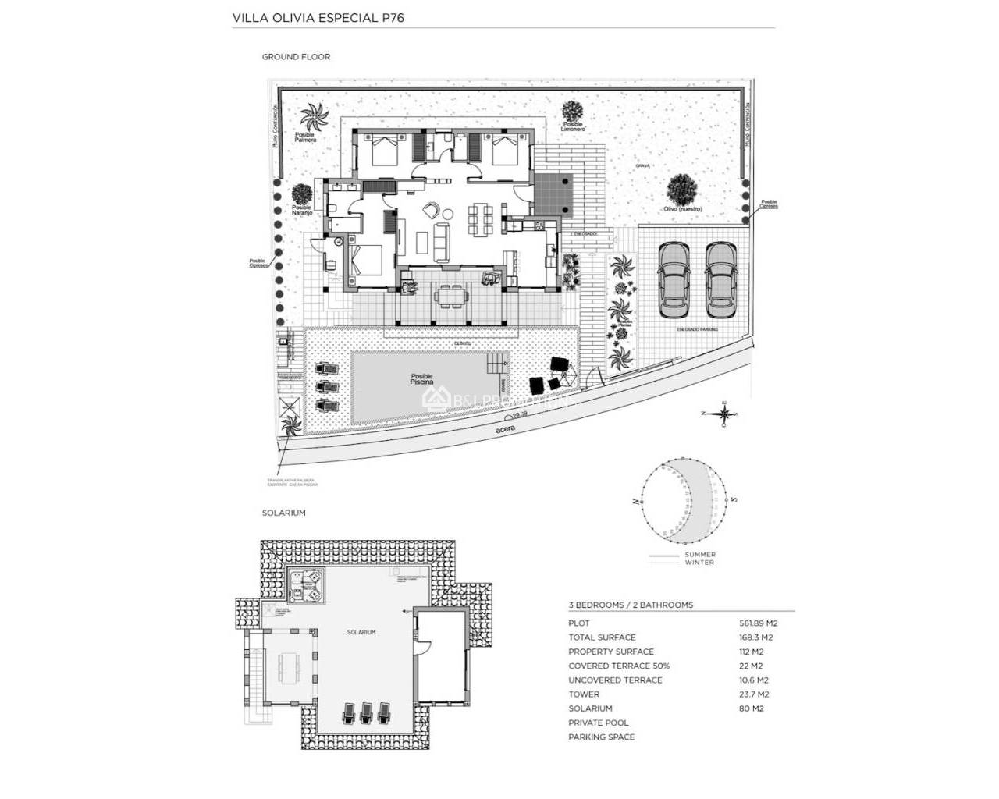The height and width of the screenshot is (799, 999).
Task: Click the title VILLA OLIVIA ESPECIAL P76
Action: [x=318, y=17]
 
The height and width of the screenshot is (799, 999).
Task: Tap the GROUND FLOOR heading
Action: [x=296, y=57]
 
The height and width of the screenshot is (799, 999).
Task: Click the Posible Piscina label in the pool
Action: [x=421, y=379]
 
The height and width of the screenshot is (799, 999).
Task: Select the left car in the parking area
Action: [x=674, y=279]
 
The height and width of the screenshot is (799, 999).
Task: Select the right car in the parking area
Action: [x=720, y=279]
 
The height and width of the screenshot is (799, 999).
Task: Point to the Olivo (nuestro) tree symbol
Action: [x=682, y=189]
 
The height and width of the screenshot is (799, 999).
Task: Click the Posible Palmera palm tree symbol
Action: [x=316, y=118]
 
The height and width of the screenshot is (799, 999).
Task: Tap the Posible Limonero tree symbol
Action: [x=574, y=111]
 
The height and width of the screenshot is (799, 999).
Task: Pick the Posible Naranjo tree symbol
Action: [x=301, y=194]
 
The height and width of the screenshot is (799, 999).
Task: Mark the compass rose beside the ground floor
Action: [x=725, y=414]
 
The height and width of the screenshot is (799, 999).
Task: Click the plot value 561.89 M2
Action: [x=758, y=623]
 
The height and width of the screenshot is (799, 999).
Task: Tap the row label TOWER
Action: [x=584, y=694]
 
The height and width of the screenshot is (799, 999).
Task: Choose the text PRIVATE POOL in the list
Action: [x=598, y=723]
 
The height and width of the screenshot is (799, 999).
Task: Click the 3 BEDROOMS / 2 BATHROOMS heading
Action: [x=631, y=605]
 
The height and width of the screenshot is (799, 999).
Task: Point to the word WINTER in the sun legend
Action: [x=699, y=562]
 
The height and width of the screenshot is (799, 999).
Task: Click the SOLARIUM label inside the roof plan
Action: [x=361, y=632]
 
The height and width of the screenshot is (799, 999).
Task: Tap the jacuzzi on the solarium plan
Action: [x=306, y=584]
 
